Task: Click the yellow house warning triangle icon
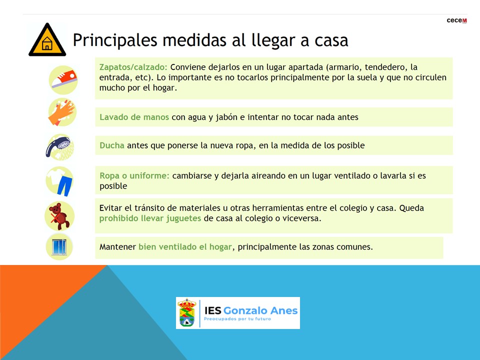coord(47,40)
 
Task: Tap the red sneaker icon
coord(63,79)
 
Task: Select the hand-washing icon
coord(62,112)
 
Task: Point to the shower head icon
coord(59,147)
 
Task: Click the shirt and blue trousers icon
coord(60,181)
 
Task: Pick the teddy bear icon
coord(59,216)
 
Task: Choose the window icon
coord(59,246)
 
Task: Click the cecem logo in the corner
coord(456,20)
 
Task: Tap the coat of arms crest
coord(186,313)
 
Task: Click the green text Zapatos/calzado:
coord(133,67)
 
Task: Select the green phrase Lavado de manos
coord(134,117)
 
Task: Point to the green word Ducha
coord(111,145)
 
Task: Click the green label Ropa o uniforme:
coord(134,175)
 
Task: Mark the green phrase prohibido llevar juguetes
coord(150,218)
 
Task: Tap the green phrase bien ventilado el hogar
coord(185,246)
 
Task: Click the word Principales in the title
coord(115,40)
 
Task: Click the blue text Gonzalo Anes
coord(260,310)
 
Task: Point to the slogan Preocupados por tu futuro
coord(237,319)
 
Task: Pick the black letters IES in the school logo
coord(213,310)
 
